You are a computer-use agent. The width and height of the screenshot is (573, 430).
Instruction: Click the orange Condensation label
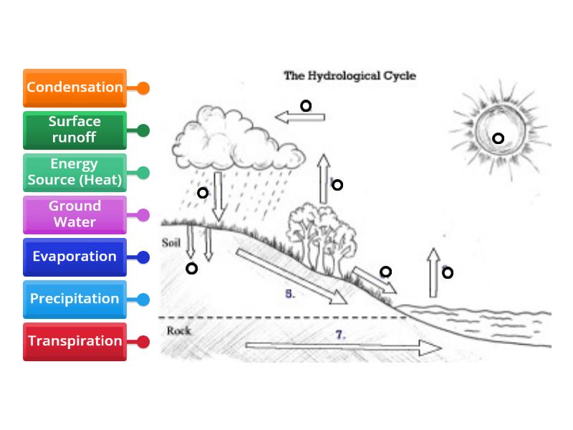coord(74,87)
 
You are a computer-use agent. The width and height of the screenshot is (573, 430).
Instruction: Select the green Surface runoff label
coord(74,130)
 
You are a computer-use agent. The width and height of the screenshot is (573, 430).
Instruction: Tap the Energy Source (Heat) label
coord(74,172)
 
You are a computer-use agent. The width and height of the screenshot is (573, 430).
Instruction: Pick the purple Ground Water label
coord(74,214)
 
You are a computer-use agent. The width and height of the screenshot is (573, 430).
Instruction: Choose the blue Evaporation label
coord(74,257)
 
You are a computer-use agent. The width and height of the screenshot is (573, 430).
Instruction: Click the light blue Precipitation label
coord(74,299)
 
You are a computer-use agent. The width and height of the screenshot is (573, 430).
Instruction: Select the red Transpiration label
coord(74,341)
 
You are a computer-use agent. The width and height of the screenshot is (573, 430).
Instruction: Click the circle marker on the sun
coord(498,138)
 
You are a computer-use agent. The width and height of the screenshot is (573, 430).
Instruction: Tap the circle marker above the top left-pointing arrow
coord(306,106)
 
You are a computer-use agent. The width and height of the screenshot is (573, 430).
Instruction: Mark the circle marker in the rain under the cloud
coord(203,193)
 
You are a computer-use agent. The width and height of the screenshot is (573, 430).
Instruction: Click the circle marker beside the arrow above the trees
coord(337,185)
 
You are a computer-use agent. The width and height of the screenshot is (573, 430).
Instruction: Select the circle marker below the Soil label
coord(191,269)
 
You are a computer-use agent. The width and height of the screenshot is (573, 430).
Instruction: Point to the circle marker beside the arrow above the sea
coord(448,272)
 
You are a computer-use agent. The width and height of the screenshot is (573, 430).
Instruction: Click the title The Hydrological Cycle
coord(350,75)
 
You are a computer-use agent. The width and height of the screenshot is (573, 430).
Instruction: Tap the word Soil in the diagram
coord(170,242)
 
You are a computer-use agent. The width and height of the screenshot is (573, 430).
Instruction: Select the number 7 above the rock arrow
coord(340,334)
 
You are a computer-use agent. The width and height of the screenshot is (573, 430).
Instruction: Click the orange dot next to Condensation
coord(143,88)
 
